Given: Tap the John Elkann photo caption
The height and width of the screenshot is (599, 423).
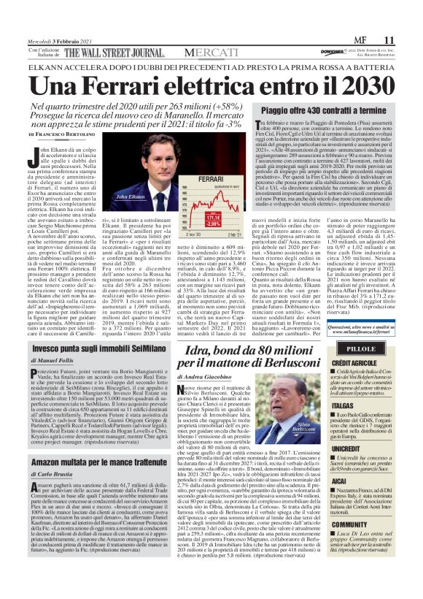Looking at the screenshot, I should click(x=110, y=197).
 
